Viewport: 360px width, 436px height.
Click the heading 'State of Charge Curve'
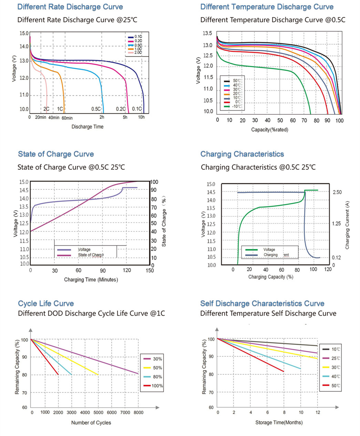[x=56, y=154]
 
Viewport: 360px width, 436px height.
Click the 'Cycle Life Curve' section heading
[x=46, y=303]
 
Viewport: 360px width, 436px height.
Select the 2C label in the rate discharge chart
[x=46, y=109]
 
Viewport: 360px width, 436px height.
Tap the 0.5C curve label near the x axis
[x=96, y=109]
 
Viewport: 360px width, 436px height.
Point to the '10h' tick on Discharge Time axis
[x=141, y=117]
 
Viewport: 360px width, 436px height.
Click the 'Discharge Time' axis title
[x=87, y=127]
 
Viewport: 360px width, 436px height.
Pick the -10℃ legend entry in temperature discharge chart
[x=237, y=106]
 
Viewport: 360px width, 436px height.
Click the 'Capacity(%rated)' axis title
[x=269, y=129]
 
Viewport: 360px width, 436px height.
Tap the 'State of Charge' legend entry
[x=91, y=255]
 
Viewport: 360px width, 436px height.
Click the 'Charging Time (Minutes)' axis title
[x=91, y=280]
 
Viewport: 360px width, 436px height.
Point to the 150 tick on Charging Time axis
[x=150, y=270]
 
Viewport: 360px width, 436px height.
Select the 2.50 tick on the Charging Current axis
[x=337, y=192]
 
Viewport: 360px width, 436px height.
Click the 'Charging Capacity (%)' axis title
[x=270, y=277]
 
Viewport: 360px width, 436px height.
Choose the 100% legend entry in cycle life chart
[x=157, y=386]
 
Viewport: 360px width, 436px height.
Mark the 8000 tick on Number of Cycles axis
[x=138, y=412]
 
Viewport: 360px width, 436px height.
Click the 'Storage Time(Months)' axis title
[x=279, y=422]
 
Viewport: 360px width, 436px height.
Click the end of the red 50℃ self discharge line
[x=284, y=371]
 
